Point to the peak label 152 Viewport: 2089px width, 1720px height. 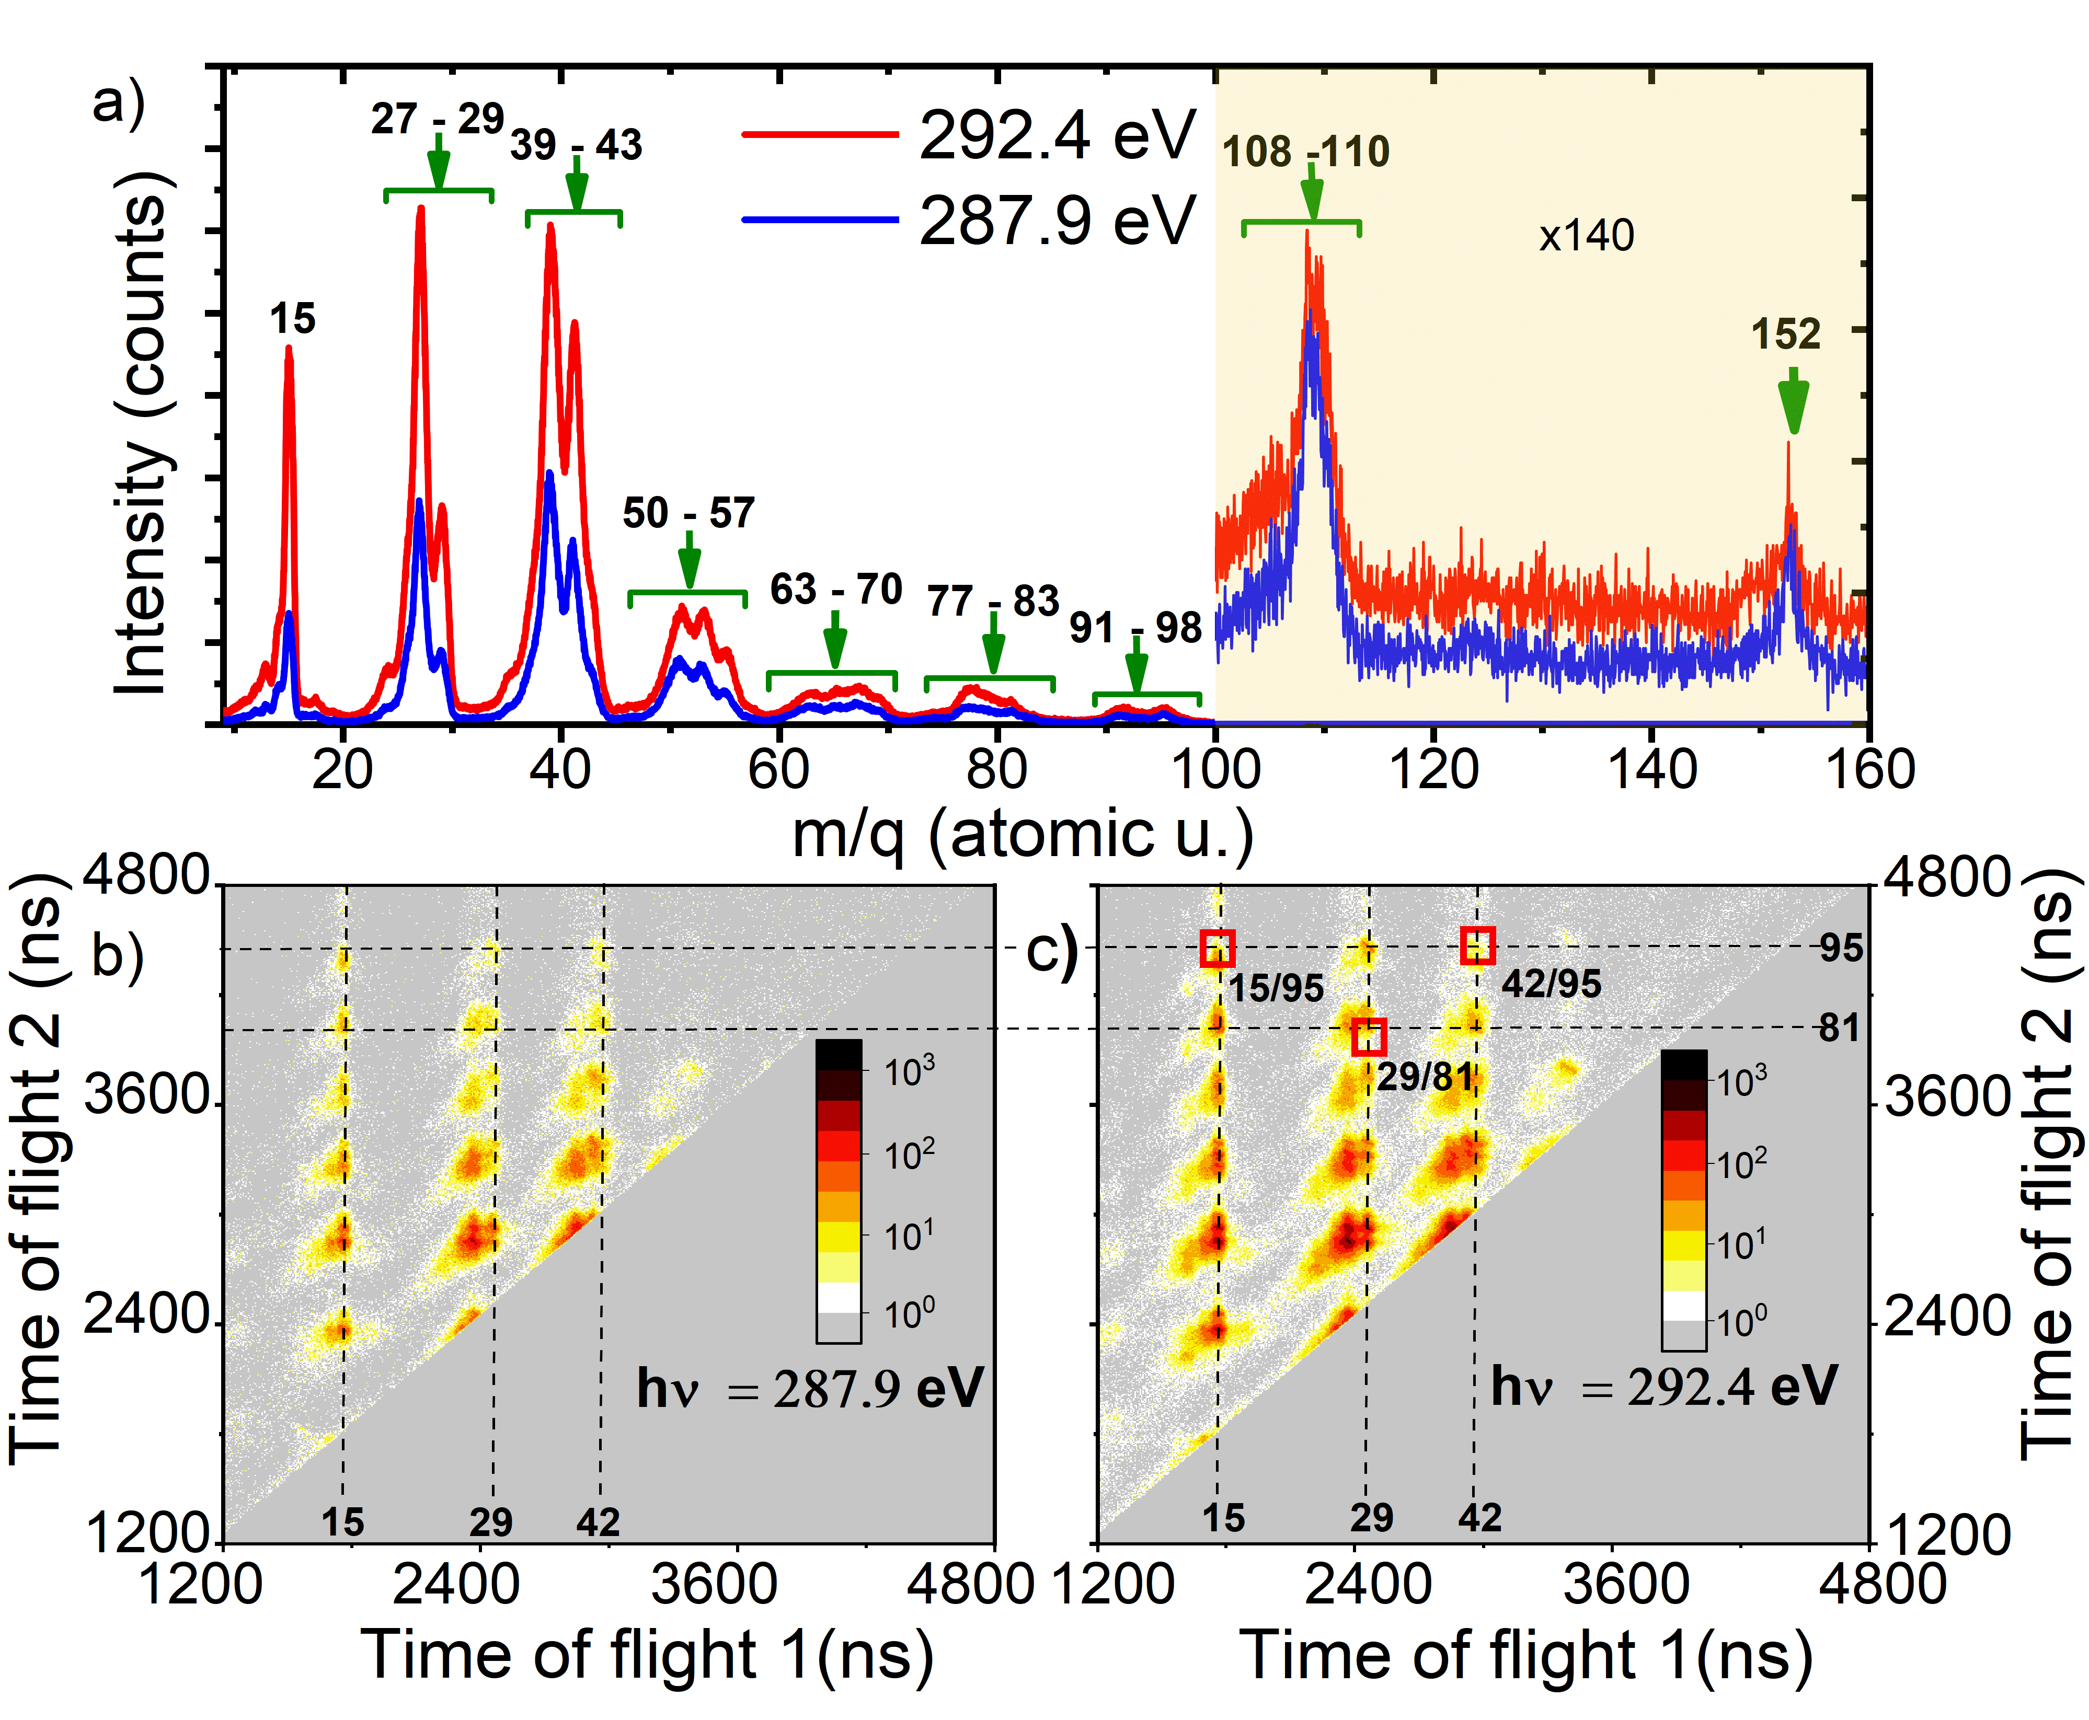(1786, 335)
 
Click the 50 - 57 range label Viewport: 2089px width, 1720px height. (688, 513)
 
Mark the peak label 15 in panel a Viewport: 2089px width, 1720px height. (292, 320)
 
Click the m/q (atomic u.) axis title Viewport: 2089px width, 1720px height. (1023, 834)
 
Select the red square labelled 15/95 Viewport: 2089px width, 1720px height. (1218, 948)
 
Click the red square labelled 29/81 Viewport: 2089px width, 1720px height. (1369, 1037)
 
